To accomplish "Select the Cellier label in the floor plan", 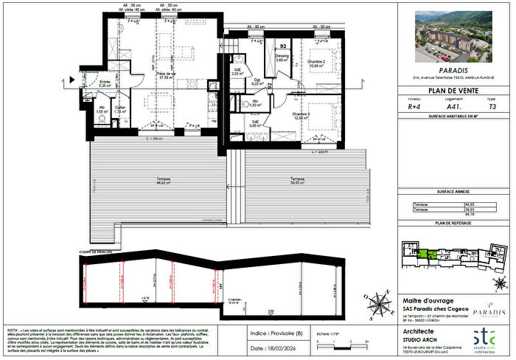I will (119, 108).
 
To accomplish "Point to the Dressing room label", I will (282, 58).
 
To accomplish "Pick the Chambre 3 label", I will (299, 116).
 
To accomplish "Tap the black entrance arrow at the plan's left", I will (73, 77).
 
